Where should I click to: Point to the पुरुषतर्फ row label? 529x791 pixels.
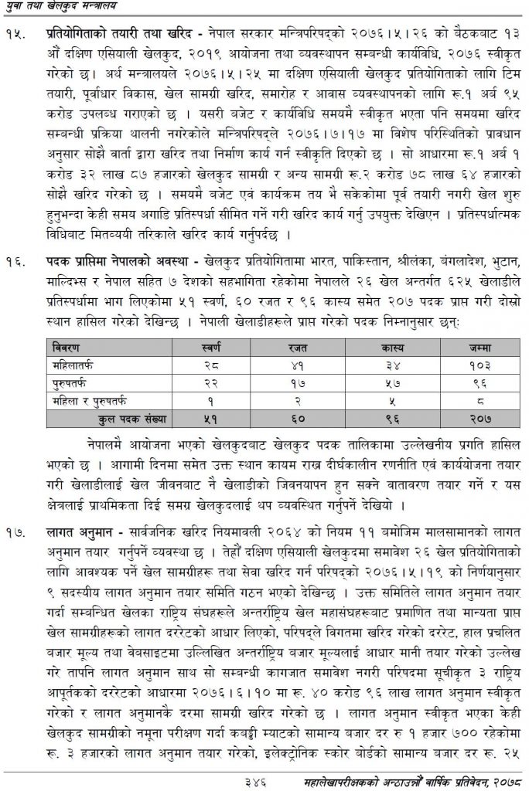(70, 381)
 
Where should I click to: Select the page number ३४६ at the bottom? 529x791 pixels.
(252, 780)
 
